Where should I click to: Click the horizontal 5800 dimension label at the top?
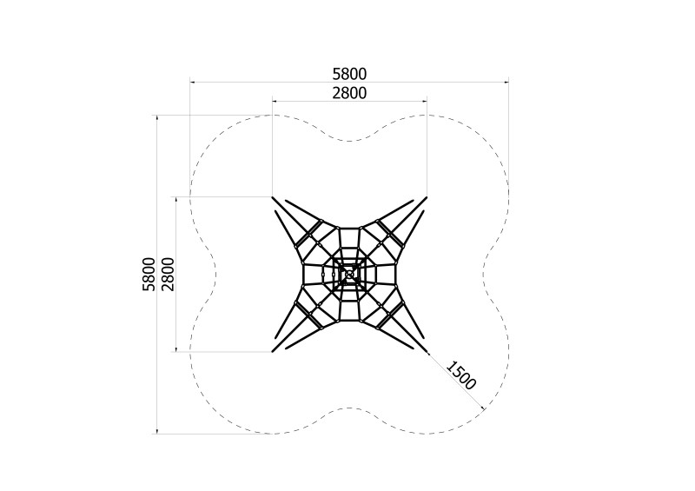click(x=349, y=74)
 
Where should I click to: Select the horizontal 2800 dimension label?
click(x=349, y=93)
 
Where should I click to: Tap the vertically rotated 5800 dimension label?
click(x=149, y=274)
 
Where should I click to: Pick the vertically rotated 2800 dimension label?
click(x=168, y=274)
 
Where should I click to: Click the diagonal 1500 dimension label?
click(x=461, y=375)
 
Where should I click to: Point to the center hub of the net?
click(x=349, y=275)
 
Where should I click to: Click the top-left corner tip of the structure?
click(x=273, y=197)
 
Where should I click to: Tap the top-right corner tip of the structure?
click(x=427, y=197)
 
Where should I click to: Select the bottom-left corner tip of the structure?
click(x=273, y=352)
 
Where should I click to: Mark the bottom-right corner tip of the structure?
click(x=427, y=352)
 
